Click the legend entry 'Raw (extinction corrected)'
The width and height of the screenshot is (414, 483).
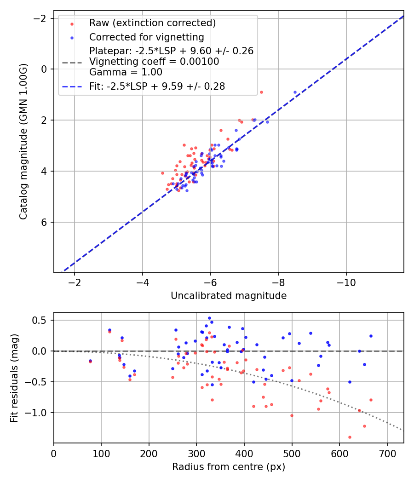click(x=152, y=23)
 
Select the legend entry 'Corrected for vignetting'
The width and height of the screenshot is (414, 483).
click(x=146, y=37)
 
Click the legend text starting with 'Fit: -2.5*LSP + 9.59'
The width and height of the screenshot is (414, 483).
click(x=157, y=86)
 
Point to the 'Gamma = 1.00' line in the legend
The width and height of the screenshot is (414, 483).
click(x=126, y=72)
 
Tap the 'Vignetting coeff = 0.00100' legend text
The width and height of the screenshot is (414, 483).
click(x=154, y=61)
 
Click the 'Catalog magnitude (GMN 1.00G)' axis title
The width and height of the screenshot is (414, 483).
click(x=23, y=142)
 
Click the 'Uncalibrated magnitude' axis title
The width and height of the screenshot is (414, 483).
click(x=229, y=296)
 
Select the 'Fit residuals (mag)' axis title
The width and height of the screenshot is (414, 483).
click(x=14, y=377)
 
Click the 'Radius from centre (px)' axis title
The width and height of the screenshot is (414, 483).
click(x=229, y=467)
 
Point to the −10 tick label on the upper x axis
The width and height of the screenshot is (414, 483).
click(x=346, y=282)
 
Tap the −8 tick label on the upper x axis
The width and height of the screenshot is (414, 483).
click(x=278, y=282)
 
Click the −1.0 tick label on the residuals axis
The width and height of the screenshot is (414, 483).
click(x=38, y=413)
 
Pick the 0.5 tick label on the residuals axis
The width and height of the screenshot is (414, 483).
click(x=42, y=320)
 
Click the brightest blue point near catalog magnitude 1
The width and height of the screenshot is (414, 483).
click(x=295, y=92)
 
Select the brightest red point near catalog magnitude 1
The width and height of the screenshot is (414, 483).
click(x=261, y=92)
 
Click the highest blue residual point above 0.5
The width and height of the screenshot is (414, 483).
click(x=209, y=318)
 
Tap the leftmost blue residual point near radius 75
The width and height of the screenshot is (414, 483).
click(x=90, y=361)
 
